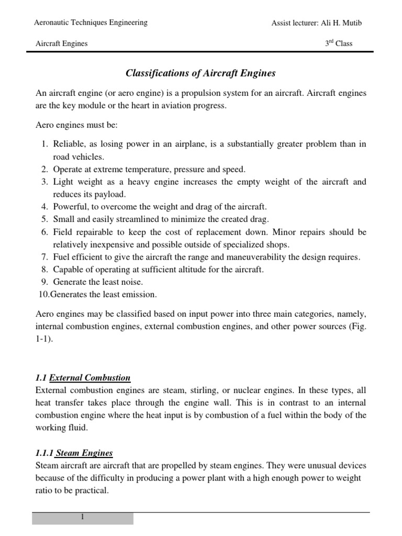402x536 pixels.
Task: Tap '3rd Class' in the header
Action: [339, 43]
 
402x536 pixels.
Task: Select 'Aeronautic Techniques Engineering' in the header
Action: [91, 23]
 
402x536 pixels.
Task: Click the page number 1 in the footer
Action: [82, 517]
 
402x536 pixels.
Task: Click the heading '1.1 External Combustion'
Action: [83, 378]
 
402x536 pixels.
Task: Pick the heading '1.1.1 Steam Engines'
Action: [74, 453]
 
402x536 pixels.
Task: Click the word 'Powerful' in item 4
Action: [69, 207]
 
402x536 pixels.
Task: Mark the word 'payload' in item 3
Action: [110, 194]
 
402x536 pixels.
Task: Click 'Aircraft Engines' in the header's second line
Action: [61, 43]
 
